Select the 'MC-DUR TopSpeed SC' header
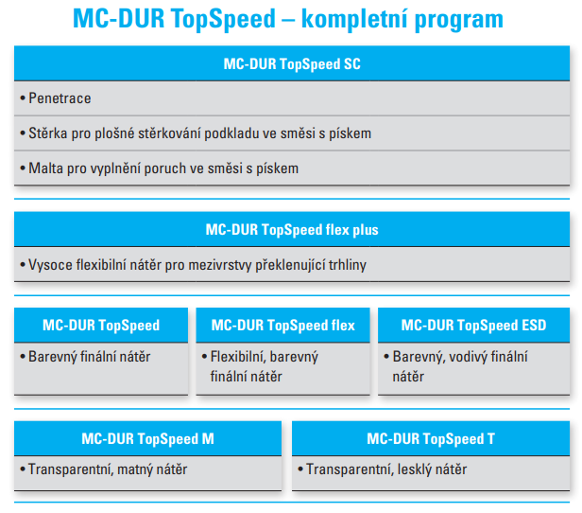pyautogui.click(x=292, y=64)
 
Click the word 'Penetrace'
pyautogui.click(x=60, y=98)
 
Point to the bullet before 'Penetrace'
pyautogui.click(x=23, y=98)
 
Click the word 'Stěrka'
pyautogui.click(x=48, y=133)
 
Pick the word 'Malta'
pyautogui.click(x=45, y=168)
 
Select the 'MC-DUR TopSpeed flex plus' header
pyautogui.click(x=292, y=230)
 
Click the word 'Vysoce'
pyautogui.click(x=50, y=265)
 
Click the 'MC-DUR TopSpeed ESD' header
pyautogui.click(x=473, y=326)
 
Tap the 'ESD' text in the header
pyautogui.click(x=534, y=326)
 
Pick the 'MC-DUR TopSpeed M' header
pyautogui.click(x=147, y=439)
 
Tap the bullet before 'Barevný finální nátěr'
pyautogui.click(x=23, y=357)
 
